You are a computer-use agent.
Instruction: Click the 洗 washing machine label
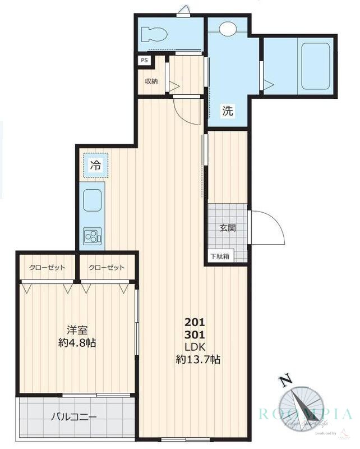[x=227, y=111]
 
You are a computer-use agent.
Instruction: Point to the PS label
[x=144, y=61]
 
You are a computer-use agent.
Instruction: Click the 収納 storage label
[x=151, y=81]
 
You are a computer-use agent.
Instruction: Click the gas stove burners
[x=91, y=237]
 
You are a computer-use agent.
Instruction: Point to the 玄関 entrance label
[x=227, y=228]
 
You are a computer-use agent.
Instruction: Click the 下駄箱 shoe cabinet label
[x=219, y=256]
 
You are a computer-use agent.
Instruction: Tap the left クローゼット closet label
[x=47, y=267]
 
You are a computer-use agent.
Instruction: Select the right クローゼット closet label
[x=106, y=267]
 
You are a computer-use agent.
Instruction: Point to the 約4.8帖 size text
[x=76, y=343]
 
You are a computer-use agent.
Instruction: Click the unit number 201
[x=195, y=323]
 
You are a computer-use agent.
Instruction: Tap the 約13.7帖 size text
[x=197, y=360]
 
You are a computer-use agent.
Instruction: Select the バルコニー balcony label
[x=75, y=417]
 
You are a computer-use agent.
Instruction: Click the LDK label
[x=195, y=347]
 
